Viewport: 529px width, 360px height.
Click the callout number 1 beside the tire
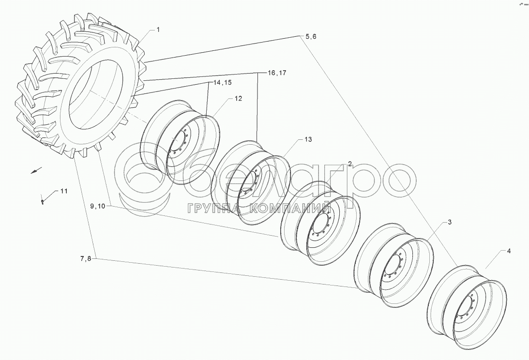tap(158, 30)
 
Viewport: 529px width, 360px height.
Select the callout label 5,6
tap(311, 37)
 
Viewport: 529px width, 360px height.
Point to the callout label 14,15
tap(222, 83)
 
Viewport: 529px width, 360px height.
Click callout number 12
tap(238, 99)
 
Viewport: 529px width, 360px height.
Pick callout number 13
tap(308, 139)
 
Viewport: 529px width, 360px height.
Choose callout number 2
tap(349, 165)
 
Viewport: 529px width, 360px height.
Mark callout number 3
tap(449, 222)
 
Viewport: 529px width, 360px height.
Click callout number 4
tap(509, 251)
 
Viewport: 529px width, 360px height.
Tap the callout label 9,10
tap(97, 206)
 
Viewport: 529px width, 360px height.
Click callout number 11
tap(63, 192)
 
